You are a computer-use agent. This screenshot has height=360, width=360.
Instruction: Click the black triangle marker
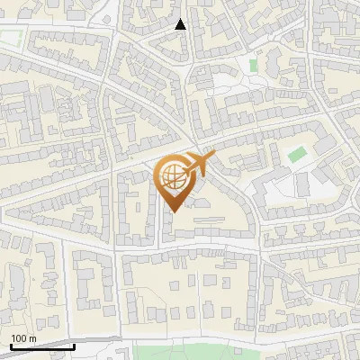click(x=180, y=24)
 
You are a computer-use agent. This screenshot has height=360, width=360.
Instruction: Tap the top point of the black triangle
click(x=180, y=18)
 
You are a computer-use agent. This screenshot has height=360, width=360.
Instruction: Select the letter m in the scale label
click(x=32, y=338)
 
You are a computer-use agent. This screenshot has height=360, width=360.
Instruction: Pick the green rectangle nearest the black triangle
click(x=253, y=65)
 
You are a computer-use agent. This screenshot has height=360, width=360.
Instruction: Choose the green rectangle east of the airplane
click(x=297, y=154)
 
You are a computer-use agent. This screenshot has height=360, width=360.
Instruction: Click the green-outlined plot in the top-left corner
click(x=11, y=39)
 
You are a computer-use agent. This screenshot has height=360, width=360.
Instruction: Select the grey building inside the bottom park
click(x=181, y=354)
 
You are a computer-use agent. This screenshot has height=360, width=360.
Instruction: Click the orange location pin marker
click(x=175, y=184)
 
